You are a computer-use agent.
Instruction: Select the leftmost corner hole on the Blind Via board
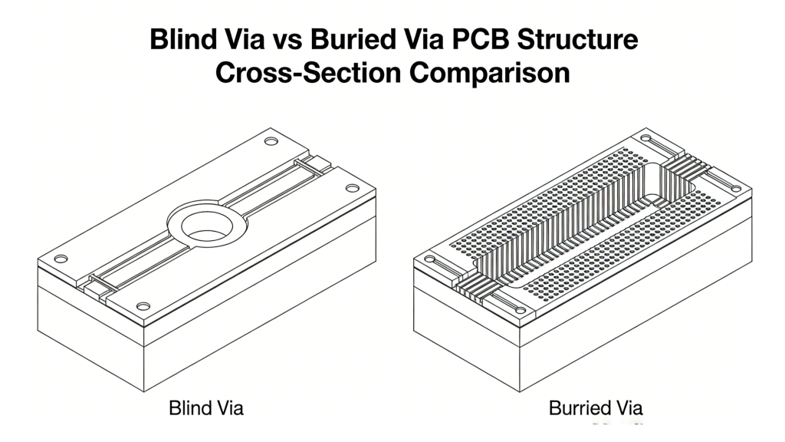62,258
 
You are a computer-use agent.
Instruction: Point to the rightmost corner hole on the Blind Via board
352,188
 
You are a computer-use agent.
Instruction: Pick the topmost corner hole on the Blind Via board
271,141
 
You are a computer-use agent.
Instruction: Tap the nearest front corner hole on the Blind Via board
143,306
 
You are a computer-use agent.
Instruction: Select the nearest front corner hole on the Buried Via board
521,310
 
